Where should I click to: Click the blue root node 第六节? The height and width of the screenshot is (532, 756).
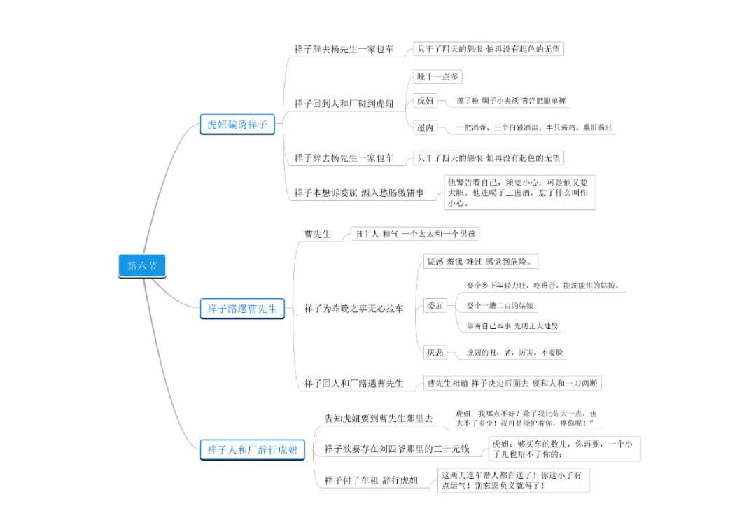(142, 266)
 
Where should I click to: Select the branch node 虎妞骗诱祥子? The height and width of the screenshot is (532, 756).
(237, 125)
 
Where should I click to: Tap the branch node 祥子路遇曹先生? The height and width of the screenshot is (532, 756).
(242, 308)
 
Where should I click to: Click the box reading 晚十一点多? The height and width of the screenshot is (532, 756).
(437, 77)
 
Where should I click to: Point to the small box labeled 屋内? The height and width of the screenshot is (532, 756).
(426, 127)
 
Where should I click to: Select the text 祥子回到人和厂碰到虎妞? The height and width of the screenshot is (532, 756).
(344, 104)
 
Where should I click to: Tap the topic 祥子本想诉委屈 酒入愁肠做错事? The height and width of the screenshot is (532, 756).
(359, 192)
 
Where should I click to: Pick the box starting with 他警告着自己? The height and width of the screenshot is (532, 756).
(519, 192)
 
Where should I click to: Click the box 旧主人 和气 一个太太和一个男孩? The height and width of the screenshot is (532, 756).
(415, 234)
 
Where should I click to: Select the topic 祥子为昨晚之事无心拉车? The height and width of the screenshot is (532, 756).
(353, 308)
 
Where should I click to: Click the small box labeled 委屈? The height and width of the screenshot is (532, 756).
(435, 306)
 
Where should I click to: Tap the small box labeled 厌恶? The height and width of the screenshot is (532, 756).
(435, 353)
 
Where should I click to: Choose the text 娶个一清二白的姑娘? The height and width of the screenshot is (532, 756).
(500, 306)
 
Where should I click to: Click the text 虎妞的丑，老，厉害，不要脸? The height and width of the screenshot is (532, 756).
(514, 353)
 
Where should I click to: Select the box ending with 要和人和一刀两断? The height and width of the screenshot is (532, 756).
(512, 383)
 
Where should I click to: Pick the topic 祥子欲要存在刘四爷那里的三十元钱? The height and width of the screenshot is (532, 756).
(397, 449)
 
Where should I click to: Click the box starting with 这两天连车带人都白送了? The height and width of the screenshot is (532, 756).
(514, 480)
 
